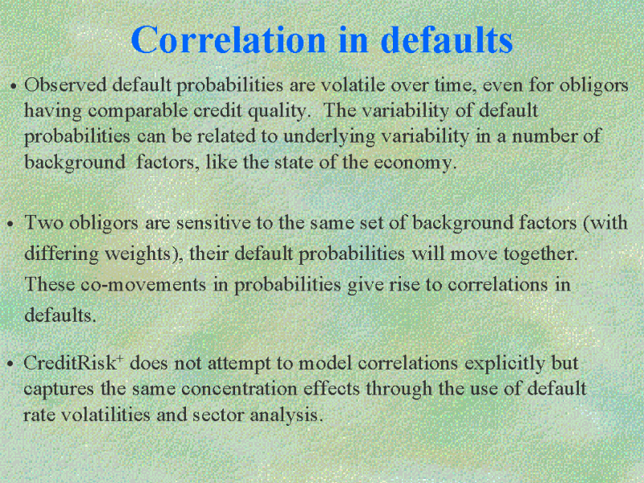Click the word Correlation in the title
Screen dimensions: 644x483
point(229,39)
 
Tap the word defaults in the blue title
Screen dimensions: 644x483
point(447,39)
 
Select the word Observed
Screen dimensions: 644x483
point(65,85)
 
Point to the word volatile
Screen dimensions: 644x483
point(353,85)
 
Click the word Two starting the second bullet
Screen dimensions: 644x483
point(43,223)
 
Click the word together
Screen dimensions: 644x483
point(540,254)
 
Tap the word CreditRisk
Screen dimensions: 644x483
point(70,363)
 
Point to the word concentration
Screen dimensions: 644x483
point(239,390)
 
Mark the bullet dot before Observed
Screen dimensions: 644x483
point(14,87)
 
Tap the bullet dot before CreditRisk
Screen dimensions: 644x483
point(10,365)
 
